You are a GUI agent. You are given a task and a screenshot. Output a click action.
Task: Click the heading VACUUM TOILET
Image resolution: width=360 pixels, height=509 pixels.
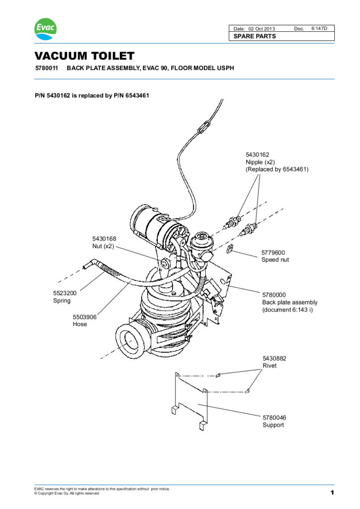point(84,56)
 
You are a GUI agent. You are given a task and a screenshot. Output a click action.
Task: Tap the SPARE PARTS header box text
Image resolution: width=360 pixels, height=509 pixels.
point(255,36)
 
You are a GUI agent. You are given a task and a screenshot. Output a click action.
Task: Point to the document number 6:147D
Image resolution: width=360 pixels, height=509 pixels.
point(323,28)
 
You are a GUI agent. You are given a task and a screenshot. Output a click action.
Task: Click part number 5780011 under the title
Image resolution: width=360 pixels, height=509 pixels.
point(45,68)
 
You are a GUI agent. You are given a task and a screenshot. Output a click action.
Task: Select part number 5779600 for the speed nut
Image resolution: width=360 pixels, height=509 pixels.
point(273,252)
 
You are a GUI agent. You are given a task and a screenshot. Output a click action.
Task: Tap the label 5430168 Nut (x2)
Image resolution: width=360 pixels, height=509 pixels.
point(104,242)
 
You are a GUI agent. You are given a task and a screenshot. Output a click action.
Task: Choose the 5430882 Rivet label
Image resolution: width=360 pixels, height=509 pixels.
point(273,362)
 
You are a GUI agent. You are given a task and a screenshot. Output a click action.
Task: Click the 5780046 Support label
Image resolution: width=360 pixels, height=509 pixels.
point(274,422)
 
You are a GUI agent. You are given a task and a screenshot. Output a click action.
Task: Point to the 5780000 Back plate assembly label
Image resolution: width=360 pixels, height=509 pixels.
point(289,302)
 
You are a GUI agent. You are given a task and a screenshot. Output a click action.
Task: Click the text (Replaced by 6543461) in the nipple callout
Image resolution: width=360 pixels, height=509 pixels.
point(277,170)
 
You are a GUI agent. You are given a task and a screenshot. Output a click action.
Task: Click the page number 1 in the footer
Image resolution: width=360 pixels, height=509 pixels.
point(331,493)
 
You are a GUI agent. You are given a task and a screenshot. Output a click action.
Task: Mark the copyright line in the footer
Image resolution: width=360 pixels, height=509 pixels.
point(67,494)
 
